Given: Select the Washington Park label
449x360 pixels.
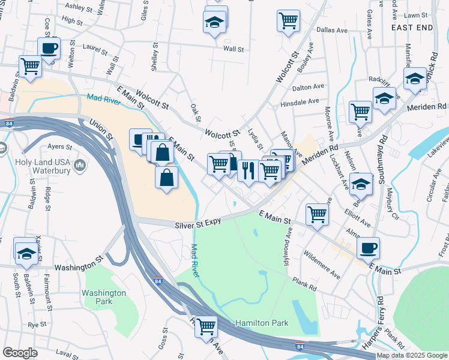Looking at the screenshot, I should (104, 297).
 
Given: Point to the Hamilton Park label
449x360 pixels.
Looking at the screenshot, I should (262, 323).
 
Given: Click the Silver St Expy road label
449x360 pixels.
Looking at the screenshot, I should (198, 224).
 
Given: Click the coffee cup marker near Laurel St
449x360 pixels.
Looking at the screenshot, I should (49, 48).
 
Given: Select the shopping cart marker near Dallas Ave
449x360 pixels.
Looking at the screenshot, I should (288, 21).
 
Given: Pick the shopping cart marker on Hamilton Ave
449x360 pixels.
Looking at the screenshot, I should (206, 326).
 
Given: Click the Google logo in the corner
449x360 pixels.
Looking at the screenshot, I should (20, 353).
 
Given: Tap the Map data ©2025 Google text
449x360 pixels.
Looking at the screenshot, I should (411, 355).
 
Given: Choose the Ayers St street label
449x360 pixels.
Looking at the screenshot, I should (60, 146).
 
